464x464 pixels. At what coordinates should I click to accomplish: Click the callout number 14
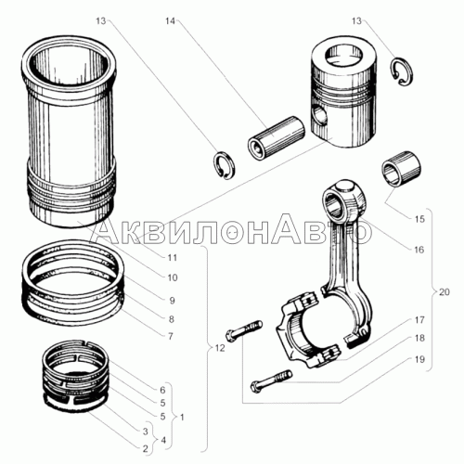pos(170,21)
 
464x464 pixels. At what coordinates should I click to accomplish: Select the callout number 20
pos(445,291)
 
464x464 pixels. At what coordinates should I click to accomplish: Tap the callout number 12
pos(219,348)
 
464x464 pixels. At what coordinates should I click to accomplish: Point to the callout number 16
pos(419,250)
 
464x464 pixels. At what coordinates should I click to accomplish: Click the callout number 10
pos(173,277)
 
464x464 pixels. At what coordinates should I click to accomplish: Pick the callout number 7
pos(171,336)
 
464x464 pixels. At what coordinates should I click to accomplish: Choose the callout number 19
pos(419,359)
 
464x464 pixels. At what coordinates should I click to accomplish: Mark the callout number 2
pos(146,448)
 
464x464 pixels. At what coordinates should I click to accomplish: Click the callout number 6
pos(162,390)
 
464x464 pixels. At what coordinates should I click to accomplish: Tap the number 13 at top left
pos(100,21)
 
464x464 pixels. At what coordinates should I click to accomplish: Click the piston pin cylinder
pos(277,138)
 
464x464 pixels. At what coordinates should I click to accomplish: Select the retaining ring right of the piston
pos(402,71)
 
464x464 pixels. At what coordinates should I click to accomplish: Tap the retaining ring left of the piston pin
pos(225,165)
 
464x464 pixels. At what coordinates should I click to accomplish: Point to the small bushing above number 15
pos(401,169)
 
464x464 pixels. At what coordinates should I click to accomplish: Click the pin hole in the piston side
pos(320,116)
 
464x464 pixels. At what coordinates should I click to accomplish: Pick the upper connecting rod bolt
pos(244,331)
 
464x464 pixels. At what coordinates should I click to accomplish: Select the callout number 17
pos(419,320)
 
